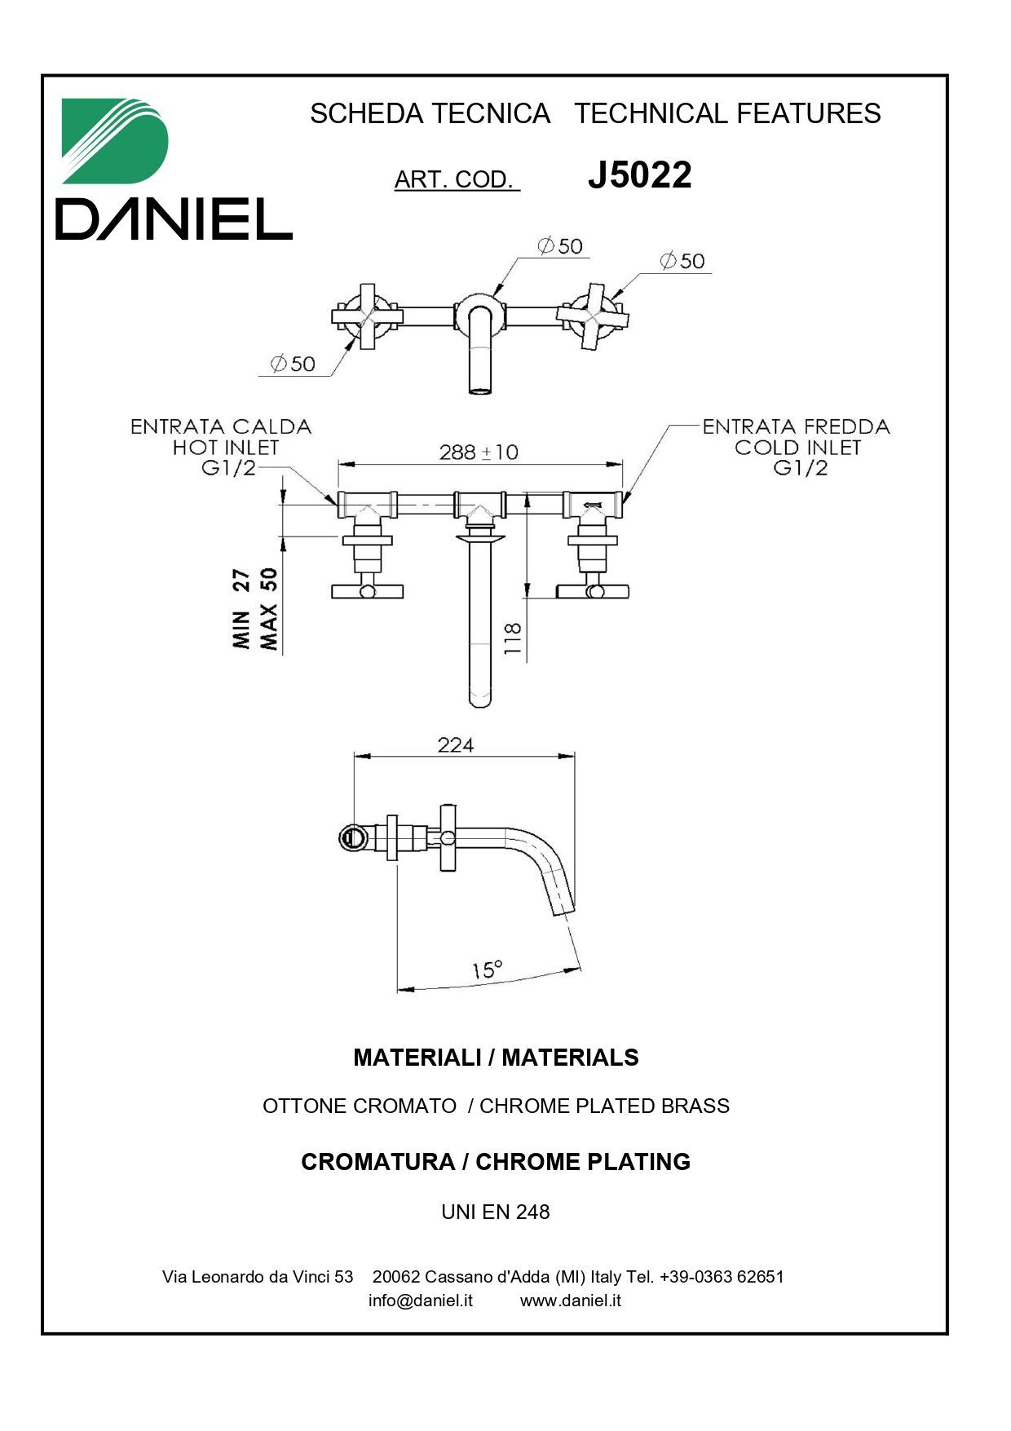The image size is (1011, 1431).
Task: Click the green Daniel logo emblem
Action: point(115,141)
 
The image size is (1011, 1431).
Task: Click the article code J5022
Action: point(639,175)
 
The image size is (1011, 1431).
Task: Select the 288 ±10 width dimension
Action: point(479,452)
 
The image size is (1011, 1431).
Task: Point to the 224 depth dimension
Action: point(455,744)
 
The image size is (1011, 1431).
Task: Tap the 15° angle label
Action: point(487,969)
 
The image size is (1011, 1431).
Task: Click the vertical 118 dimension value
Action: point(512,639)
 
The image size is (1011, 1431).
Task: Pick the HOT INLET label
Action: point(225,448)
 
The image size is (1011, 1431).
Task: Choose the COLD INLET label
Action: point(797,448)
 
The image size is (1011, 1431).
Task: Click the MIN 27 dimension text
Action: point(241,608)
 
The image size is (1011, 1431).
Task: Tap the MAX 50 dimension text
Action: point(269,608)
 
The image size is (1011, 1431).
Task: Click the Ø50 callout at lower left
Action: point(293,364)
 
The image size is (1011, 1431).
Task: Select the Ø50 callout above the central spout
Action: point(560,245)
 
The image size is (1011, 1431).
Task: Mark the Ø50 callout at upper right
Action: point(682,261)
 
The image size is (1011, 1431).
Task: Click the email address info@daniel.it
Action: point(420,1300)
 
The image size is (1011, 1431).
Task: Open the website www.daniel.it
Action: point(570,1300)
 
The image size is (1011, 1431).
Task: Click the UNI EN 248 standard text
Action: point(495,1212)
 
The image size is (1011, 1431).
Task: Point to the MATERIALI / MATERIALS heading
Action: point(495,1058)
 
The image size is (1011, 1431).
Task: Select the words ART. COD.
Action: point(456,179)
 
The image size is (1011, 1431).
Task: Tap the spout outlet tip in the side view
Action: point(565,911)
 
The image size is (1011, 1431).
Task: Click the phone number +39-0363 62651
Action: point(722,1276)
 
